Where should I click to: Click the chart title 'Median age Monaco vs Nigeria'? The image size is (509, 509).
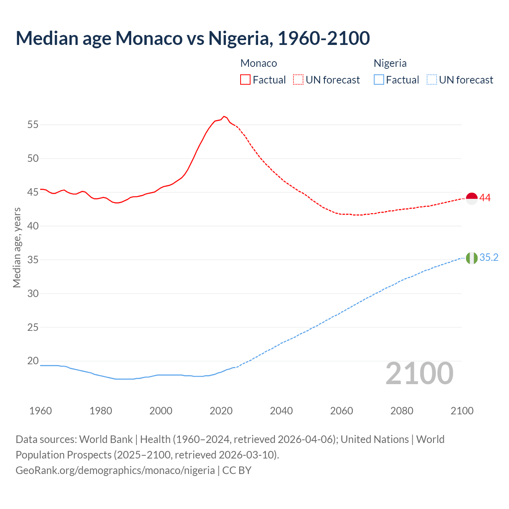(193, 38)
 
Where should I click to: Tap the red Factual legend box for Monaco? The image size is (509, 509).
(245, 80)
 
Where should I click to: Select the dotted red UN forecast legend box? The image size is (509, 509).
(298, 80)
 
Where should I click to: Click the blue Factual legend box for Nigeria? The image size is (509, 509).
(379, 80)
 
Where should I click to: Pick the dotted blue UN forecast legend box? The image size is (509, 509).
(432, 80)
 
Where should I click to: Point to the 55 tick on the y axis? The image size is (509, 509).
(33, 125)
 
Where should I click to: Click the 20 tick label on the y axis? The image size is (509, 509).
(33, 361)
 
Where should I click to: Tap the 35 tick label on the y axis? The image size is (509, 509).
(33, 260)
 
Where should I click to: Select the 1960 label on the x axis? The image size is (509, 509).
(41, 411)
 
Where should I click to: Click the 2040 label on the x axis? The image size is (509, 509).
(281, 411)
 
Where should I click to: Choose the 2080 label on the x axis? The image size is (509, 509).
(402, 411)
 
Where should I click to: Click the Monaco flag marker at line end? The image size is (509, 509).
(472, 198)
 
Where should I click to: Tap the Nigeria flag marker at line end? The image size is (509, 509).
(472, 258)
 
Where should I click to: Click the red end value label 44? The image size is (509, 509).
(485, 198)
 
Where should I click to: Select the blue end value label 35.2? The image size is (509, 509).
(489, 258)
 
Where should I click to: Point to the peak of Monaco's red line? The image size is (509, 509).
(224, 117)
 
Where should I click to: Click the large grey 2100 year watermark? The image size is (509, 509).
(420, 373)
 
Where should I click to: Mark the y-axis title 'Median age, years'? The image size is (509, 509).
(17, 247)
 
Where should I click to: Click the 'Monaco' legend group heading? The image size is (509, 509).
(258, 63)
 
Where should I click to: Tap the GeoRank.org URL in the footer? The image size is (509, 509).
(115, 470)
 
